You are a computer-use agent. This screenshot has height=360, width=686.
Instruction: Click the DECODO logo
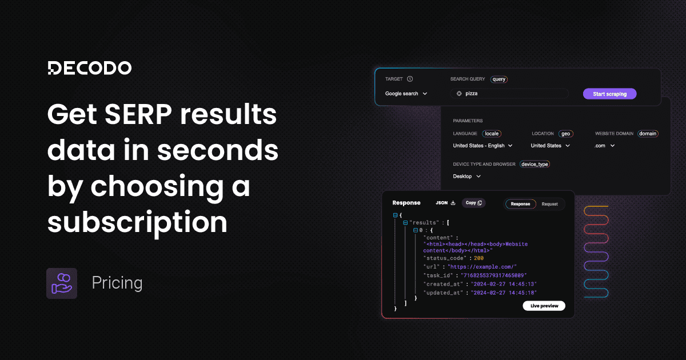[x=89, y=68]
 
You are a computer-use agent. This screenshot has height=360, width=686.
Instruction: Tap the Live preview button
[x=544, y=306]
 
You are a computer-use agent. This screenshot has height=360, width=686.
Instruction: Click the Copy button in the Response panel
[x=473, y=203]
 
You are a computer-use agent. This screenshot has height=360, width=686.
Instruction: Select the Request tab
[x=549, y=203]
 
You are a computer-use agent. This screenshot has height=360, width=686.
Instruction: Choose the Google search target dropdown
[x=406, y=94]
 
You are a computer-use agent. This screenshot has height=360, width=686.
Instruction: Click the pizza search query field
[x=509, y=94]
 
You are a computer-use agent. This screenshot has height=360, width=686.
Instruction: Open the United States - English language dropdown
[x=482, y=146]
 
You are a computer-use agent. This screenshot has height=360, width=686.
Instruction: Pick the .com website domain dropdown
[x=604, y=146]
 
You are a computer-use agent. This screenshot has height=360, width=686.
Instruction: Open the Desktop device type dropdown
[x=466, y=177]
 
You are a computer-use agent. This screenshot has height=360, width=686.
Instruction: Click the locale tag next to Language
[x=492, y=134]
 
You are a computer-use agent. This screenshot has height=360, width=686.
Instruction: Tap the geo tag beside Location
[x=566, y=134]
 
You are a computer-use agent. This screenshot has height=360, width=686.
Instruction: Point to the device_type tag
[x=535, y=165]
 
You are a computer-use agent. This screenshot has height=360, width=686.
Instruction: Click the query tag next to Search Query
[x=499, y=79]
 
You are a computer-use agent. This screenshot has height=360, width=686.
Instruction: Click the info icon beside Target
[x=410, y=79]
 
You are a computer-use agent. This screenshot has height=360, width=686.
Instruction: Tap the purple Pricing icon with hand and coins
[x=61, y=283]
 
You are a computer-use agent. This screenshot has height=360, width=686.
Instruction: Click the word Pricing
[x=117, y=283]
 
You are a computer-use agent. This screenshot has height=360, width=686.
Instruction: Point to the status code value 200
[x=478, y=258]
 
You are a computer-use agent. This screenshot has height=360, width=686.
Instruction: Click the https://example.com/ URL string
[x=482, y=267]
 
